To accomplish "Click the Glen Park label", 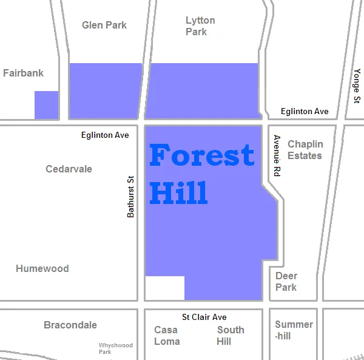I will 104,25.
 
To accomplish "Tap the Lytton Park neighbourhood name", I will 200,26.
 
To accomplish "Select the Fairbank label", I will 23,73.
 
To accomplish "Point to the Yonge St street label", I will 357,86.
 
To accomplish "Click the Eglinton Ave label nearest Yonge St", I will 305,112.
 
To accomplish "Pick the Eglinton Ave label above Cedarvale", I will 105,135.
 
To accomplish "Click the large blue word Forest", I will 201,155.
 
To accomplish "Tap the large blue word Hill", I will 178,192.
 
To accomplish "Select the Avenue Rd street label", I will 277,155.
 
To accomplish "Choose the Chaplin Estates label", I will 305,150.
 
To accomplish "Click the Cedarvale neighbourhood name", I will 69,169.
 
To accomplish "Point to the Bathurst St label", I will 130,197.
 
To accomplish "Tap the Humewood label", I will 42,268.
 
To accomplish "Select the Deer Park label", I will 286,281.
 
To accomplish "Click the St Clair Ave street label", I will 204,317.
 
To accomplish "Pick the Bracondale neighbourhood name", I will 70,325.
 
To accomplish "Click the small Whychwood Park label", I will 115,348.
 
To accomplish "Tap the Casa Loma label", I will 167,335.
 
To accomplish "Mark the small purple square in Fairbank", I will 46,105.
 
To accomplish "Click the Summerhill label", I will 294,330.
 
